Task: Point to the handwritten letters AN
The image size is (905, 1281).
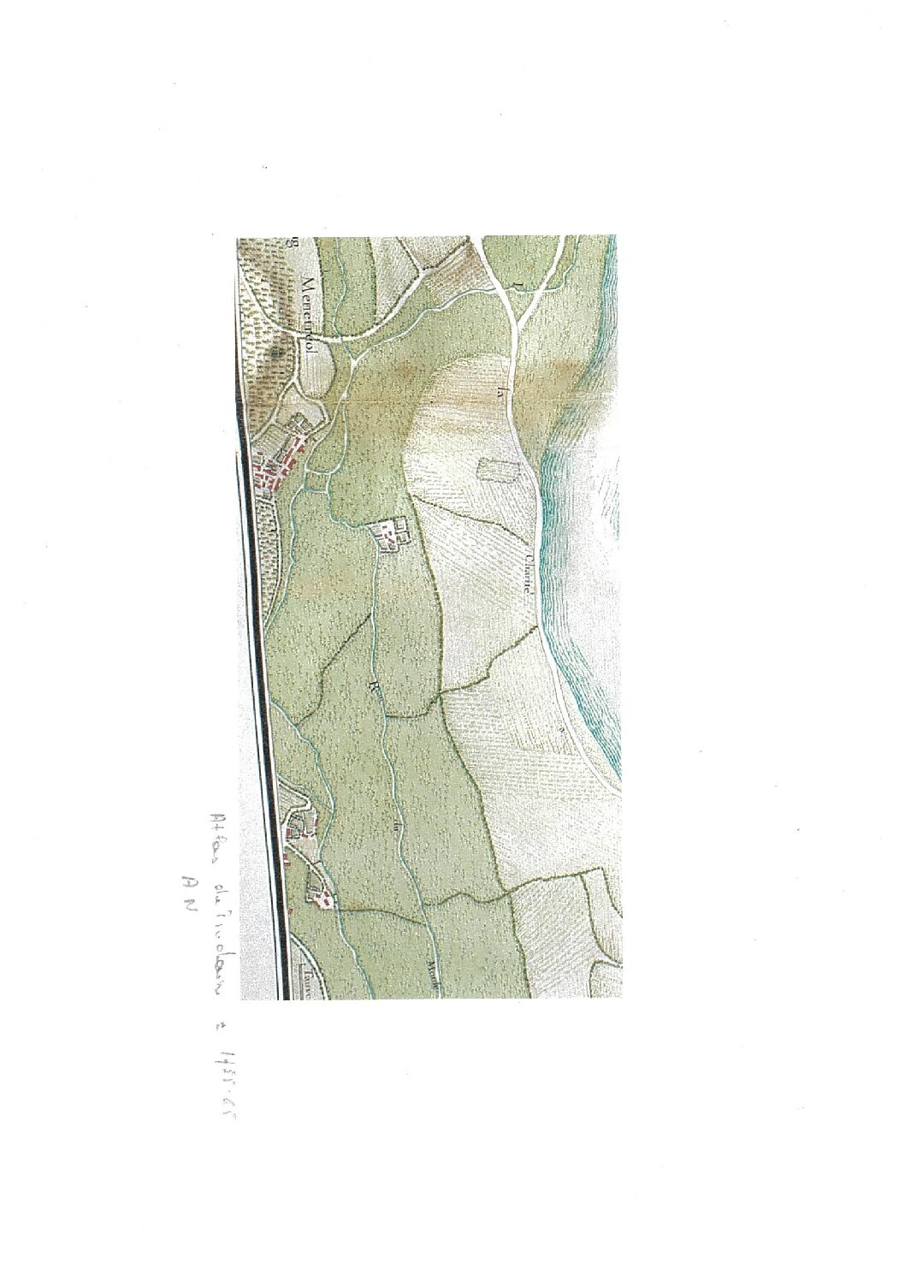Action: tap(180, 892)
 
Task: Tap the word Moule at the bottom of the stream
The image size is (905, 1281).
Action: tap(432, 974)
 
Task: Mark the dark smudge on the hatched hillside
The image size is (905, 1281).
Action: tap(276, 351)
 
